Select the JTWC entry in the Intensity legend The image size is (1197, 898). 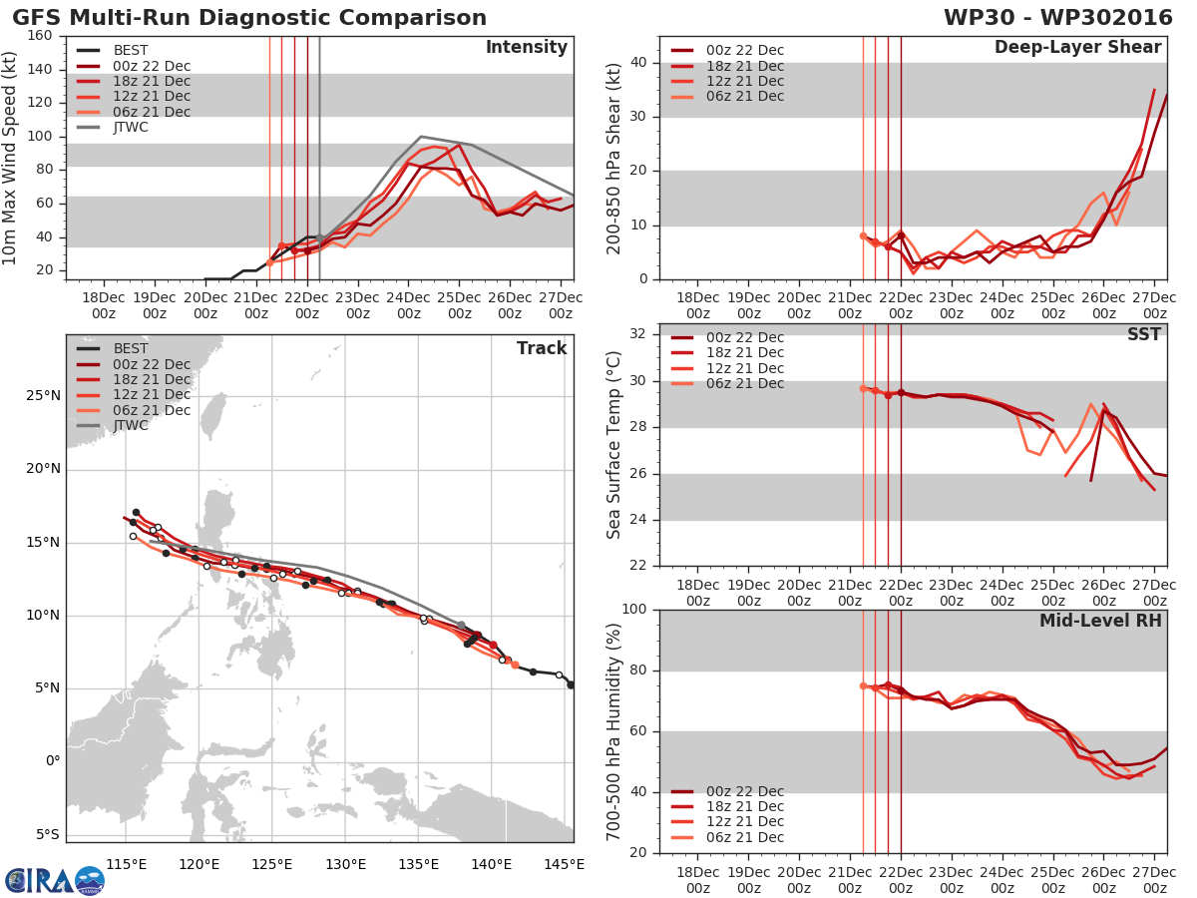pyautogui.click(x=131, y=127)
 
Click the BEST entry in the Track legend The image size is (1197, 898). pyautogui.click(x=131, y=348)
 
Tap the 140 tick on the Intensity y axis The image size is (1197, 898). pyautogui.click(x=41, y=69)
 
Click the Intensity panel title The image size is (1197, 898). pyautogui.click(x=526, y=48)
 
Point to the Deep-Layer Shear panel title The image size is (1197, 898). pyautogui.click(x=1077, y=48)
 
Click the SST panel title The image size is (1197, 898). pyautogui.click(x=1144, y=334)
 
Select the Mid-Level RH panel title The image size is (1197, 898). pyautogui.click(x=1100, y=621)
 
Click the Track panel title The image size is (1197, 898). pyautogui.click(x=542, y=348)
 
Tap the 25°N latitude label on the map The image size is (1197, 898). pyautogui.click(x=42, y=395)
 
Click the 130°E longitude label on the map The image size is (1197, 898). pyautogui.click(x=345, y=863)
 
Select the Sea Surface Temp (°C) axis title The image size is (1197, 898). pyautogui.click(x=613, y=445)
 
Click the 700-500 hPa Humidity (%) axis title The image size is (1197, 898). pyautogui.click(x=613, y=731)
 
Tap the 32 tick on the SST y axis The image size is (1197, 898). pyautogui.click(x=635, y=334)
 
